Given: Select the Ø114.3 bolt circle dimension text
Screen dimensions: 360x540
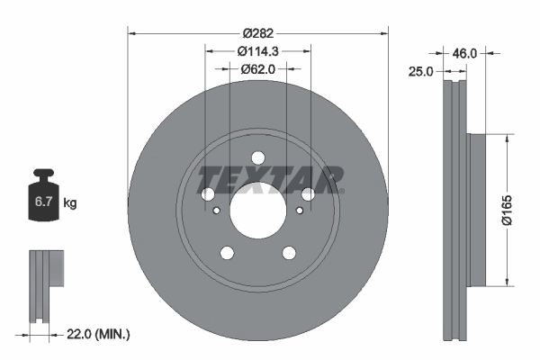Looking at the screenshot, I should tap(257, 52).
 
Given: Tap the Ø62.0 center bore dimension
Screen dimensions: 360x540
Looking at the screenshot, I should tap(257, 71).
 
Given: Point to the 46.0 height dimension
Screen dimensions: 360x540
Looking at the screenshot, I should tap(463, 54).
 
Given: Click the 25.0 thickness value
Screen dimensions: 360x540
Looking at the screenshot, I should tap(422, 70).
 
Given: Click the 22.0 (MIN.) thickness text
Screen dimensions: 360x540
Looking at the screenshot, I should tap(99, 334).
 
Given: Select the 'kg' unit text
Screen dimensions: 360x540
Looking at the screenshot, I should tap(70, 203).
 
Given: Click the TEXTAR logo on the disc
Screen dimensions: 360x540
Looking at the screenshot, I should tap(271, 179).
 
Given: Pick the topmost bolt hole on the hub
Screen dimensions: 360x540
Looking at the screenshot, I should tap(257, 157).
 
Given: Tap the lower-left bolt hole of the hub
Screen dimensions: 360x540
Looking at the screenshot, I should tap(227, 253).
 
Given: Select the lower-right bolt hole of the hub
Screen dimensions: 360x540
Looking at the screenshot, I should tap(289, 253).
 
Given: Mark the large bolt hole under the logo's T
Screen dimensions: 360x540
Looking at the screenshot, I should tap(208, 194).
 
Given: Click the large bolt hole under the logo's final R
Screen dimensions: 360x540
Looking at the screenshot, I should tap(308, 194).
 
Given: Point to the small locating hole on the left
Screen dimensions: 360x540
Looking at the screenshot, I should tap(216, 211).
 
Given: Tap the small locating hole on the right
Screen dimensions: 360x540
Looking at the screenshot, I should tap(300, 211).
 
